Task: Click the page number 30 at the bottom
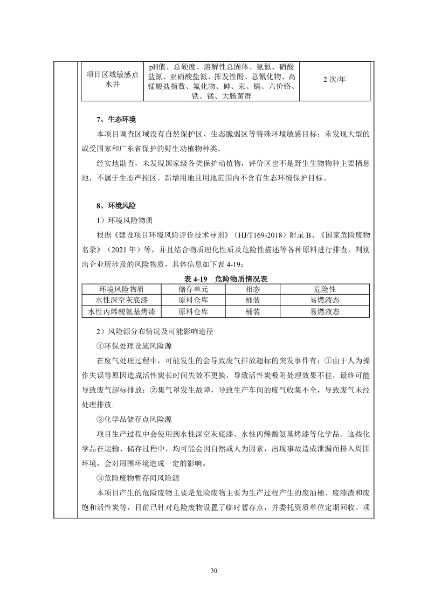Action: point(214,570)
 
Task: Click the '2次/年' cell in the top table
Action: point(334,80)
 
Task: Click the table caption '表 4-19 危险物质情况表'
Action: point(226,279)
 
